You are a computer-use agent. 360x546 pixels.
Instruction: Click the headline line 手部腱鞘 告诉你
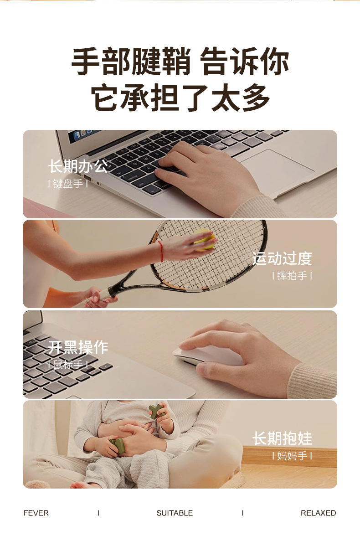click(180, 62)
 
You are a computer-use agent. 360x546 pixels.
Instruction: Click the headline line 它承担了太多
click(180, 98)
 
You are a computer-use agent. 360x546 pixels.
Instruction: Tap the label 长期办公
click(78, 166)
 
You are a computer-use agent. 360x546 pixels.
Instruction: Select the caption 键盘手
click(68, 184)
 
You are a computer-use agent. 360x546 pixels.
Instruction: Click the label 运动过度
click(282, 258)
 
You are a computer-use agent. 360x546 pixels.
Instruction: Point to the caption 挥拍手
click(292, 276)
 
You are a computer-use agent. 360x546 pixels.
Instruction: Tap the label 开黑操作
click(78, 347)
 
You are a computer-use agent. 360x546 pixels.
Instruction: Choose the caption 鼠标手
click(68, 365)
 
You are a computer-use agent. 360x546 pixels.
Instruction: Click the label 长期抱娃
click(282, 438)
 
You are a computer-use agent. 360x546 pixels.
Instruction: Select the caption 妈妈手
click(292, 455)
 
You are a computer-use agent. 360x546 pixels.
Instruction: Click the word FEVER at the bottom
click(36, 513)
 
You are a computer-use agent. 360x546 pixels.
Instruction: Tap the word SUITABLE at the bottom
click(175, 513)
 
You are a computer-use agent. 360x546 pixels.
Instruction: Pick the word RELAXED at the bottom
click(318, 513)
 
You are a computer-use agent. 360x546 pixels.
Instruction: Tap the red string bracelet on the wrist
click(160, 251)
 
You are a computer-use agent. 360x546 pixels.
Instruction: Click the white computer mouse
click(208, 355)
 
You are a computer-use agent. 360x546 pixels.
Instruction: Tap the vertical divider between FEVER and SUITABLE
click(98, 513)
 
